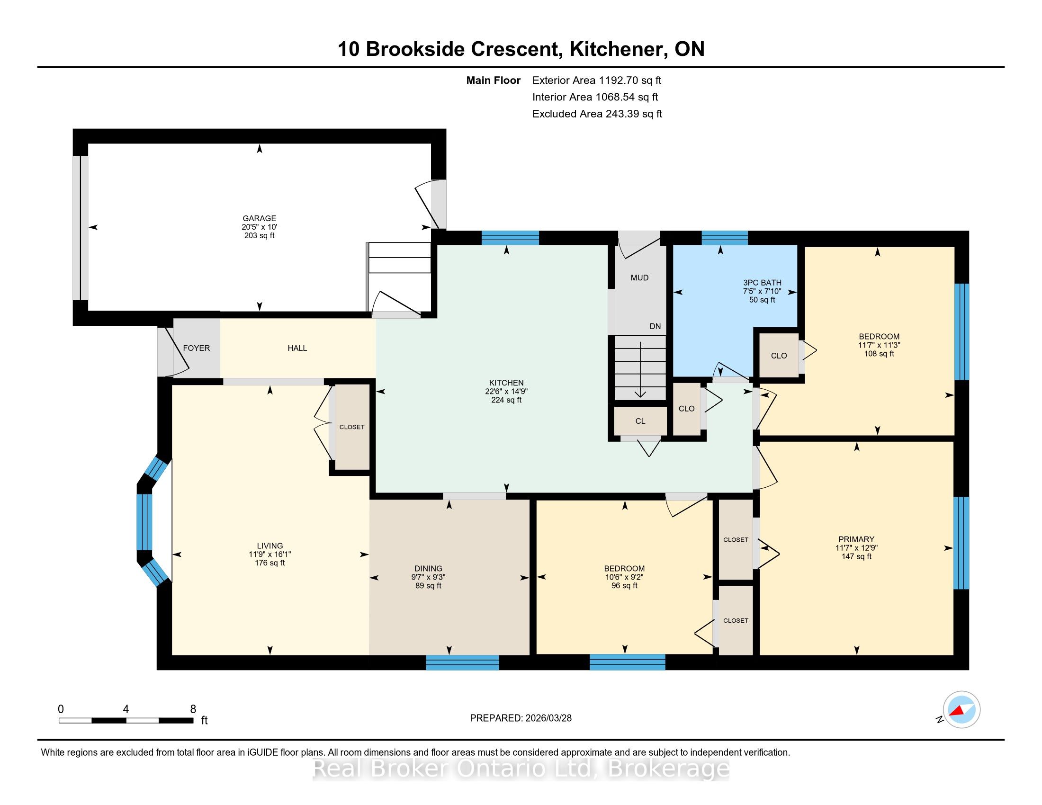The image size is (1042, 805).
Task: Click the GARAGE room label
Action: point(259,218)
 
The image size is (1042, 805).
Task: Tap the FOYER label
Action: point(197,348)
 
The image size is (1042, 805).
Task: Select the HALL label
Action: point(297,348)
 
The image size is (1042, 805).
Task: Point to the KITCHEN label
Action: point(506,383)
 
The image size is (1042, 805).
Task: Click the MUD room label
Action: point(640,277)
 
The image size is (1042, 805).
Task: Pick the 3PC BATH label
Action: point(763,283)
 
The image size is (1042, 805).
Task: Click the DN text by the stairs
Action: point(655,326)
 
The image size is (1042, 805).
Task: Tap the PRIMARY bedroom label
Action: point(856,539)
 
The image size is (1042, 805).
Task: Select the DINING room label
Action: point(429,568)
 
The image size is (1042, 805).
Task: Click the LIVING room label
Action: point(270,546)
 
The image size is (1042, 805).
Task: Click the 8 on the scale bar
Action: point(193,709)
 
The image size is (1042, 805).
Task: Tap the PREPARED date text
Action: point(521,718)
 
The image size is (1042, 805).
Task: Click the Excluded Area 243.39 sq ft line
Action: point(597,114)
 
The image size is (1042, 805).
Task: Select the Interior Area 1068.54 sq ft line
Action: point(595,97)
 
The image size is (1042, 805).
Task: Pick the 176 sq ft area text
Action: point(270,563)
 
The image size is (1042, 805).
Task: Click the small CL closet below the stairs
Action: point(640,421)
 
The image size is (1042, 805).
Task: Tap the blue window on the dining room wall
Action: point(462,662)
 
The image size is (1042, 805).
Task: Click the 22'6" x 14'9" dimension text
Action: point(506,391)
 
